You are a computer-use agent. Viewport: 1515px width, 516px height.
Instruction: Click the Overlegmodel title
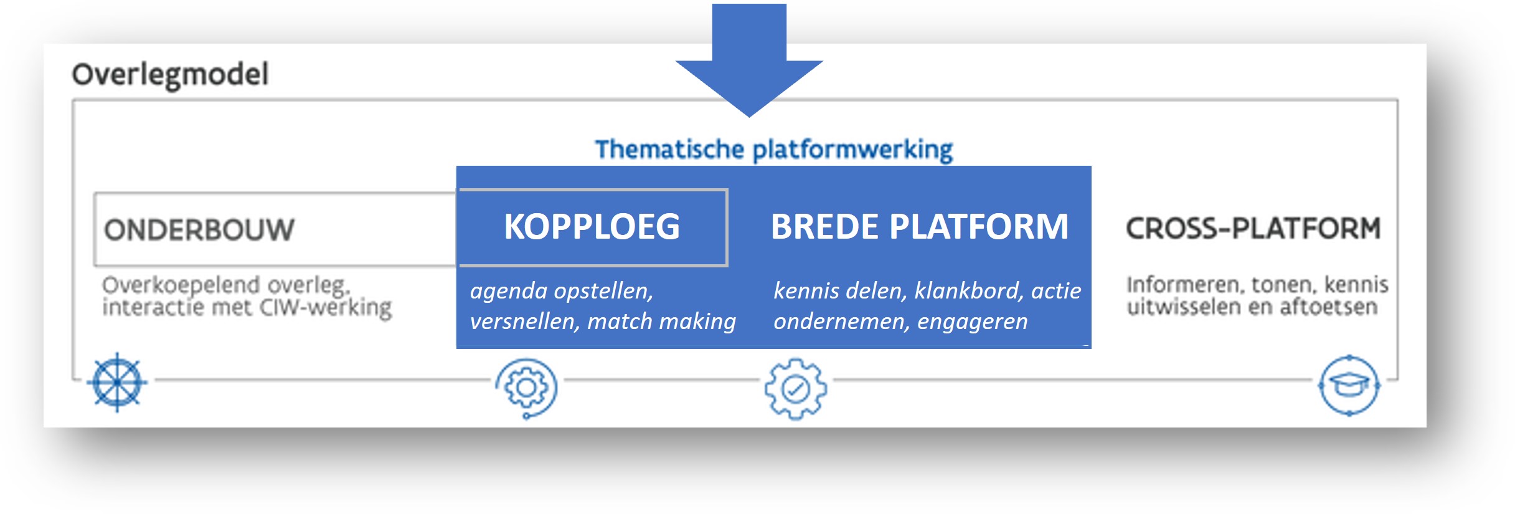tap(170, 74)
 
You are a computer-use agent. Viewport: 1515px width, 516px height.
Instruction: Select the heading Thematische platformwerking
tap(773, 150)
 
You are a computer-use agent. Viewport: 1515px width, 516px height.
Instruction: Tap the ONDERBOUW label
tap(199, 229)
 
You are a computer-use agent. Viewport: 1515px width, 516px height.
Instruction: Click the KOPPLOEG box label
tap(592, 226)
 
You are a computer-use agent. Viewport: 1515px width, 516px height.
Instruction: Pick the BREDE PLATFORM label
tap(919, 226)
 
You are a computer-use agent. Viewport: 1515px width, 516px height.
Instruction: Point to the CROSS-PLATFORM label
tap(1253, 228)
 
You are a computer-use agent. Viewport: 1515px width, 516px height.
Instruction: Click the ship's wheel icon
tap(117, 382)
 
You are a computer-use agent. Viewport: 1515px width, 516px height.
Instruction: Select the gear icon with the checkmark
tap(795, 389)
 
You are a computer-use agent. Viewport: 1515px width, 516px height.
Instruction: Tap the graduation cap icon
tap(1349, 386)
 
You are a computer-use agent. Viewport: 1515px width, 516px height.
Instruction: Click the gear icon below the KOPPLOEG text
tap(526, 388)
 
